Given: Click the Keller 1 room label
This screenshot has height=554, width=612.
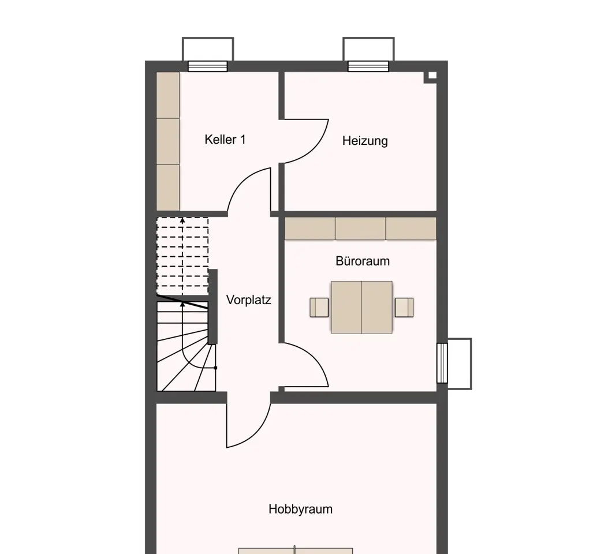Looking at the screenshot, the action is [225, 139].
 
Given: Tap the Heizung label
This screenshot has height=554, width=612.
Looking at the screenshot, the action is [365, 141].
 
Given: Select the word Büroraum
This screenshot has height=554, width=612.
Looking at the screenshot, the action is [363, 261].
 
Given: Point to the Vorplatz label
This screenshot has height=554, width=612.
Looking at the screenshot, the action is [249, 300].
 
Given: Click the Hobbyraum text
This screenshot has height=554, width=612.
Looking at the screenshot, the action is [301, 509].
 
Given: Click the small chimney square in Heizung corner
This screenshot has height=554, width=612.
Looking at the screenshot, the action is [432, 76].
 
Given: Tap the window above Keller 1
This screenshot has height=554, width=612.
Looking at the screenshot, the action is [208, 66].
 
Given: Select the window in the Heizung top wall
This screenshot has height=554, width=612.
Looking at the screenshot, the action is [368, 66].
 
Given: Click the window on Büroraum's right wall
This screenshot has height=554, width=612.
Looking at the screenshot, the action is [442, 363].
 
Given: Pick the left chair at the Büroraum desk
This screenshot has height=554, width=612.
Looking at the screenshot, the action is [319, 308].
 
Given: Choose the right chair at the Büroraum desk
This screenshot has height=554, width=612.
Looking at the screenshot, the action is [404, 308].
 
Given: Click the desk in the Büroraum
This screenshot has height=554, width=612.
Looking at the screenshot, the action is [361, 308].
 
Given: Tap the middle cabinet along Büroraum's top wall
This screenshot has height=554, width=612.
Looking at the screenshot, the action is [361, 229].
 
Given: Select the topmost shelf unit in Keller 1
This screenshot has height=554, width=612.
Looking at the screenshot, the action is [168, 96].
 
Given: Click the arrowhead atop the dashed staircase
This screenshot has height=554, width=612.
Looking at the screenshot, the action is [182, 220].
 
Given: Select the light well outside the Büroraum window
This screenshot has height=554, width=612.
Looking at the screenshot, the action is [460, 364].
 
